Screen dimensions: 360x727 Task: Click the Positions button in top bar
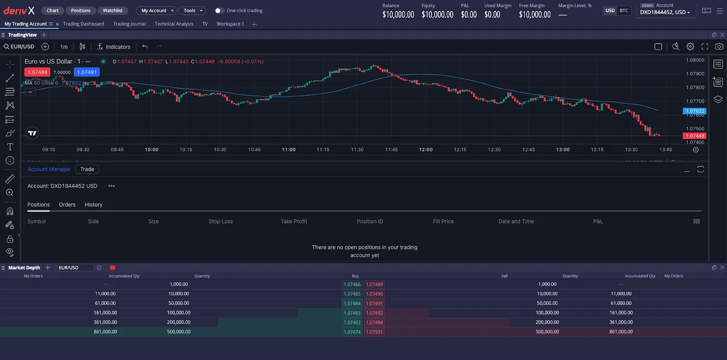click(80, 10)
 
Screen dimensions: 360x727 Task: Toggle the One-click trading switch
click(219, 10)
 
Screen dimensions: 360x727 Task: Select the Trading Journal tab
click(129, 24)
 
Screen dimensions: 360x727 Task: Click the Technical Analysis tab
click(174, 24)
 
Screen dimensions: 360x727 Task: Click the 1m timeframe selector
click(64, 47)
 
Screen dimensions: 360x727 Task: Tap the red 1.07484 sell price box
click(37, 72)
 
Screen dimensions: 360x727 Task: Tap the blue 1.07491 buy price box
click(86, 72)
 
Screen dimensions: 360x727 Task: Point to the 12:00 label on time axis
click(426, 150)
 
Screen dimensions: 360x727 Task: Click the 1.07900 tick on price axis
click(695, 74)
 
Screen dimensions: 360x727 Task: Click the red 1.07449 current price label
click(695, 136)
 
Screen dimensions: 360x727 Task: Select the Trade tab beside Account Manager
click(87, 169)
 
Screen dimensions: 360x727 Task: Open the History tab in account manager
click(93, 205)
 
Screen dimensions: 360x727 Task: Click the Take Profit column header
click(294, 221)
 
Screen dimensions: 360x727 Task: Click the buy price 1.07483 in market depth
click(352, 313)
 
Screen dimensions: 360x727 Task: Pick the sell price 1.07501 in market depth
click(374, 332)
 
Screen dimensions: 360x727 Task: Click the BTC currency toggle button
click(624, 10)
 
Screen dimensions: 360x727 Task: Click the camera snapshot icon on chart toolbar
click(719, 46)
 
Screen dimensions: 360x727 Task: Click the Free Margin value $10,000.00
click(534, 15)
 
